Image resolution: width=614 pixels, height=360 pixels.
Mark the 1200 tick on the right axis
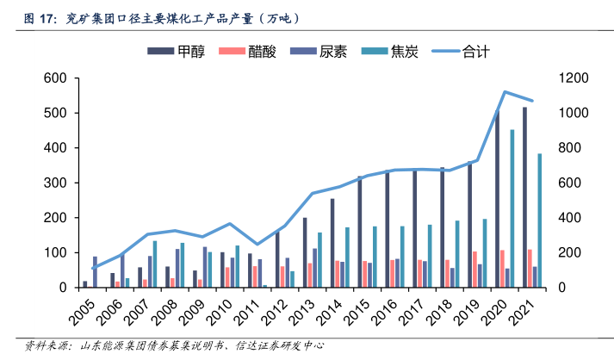[574, 78]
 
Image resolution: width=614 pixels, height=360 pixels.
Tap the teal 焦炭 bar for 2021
[540, 220]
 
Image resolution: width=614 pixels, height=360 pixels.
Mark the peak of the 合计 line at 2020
[505, 91]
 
